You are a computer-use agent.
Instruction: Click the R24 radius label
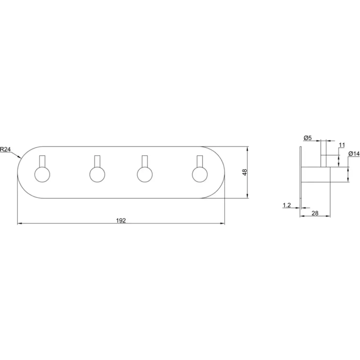pos(5,149)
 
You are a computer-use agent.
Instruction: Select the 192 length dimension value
pos(121,220)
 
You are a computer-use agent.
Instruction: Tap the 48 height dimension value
pos(245,172)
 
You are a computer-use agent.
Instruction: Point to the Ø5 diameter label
pos(308,138)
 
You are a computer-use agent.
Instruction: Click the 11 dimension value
pos(342,145)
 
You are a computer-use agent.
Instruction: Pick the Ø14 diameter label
pos(354,154)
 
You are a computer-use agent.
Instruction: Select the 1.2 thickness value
pos(287,205)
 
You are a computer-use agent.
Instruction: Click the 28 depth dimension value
pos(315,213)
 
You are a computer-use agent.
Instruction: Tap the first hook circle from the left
pos(42,175)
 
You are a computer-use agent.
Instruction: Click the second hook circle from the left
pos(97,175)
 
